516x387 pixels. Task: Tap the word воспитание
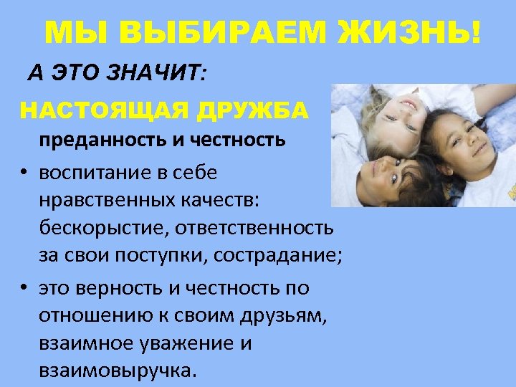click(90, 173)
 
